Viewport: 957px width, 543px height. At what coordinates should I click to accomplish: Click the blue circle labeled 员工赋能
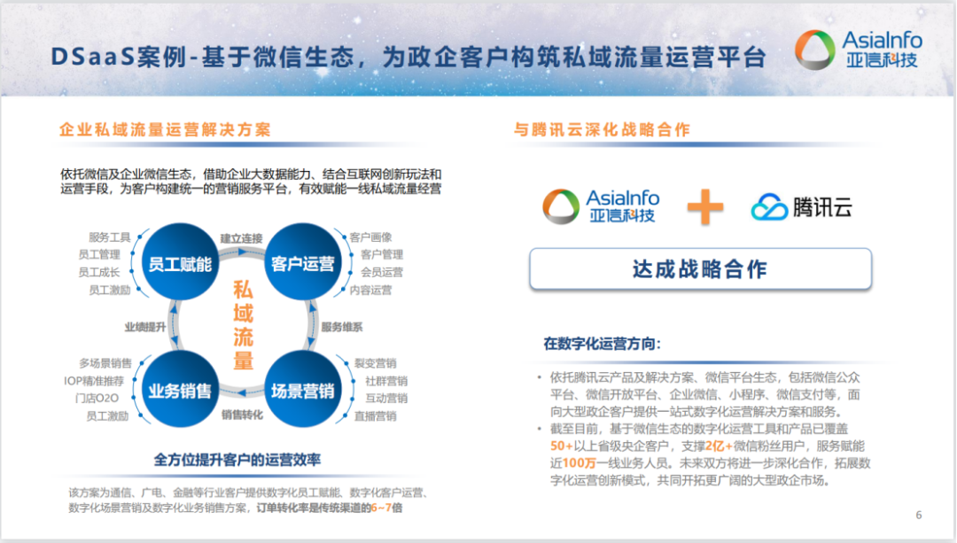click(x=179, y=263)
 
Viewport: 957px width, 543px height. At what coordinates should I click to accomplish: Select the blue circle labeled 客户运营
click(x=303, y=263)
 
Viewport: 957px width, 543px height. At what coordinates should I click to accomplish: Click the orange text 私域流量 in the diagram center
click(x=243, y=325)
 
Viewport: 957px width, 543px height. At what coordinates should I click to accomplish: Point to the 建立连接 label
click(x=241, y=238)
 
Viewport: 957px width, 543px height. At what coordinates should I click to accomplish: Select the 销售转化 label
click(x=242, y=414)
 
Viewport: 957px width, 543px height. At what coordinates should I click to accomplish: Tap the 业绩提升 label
click(x=145, y=326)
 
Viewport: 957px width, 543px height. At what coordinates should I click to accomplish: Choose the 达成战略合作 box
click(x=700, y=269)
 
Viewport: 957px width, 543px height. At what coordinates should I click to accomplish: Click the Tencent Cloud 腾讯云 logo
click(x=801, y=207)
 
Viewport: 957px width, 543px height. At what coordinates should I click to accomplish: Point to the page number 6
click(x=919, y=515)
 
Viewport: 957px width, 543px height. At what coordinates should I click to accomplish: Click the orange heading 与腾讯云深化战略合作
click(x=602, y=130)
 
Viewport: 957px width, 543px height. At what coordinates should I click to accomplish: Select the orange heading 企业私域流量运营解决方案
click(x=165, y=130)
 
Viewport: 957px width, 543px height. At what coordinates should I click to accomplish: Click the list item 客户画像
click(x=370, y=237)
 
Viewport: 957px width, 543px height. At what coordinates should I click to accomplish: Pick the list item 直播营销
click(x=375, y=415)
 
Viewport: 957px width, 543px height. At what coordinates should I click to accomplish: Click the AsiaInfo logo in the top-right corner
click(x=858, y=49)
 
